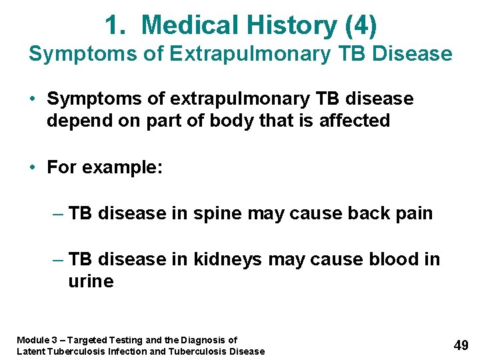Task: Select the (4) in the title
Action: tap(362, 25)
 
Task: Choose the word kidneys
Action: tap(227, 259)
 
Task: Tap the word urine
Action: tap(91, 281)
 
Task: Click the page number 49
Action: tap(461, 345)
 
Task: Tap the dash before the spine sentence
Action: tap(58, 213)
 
